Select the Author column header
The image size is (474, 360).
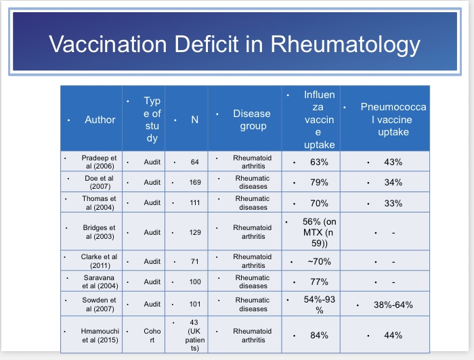pos(100,120)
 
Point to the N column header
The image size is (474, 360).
pos(194,120)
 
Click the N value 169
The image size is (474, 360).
pos(195,183)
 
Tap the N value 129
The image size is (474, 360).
pos(195,232)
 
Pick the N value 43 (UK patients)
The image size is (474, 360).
pos(195,334)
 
